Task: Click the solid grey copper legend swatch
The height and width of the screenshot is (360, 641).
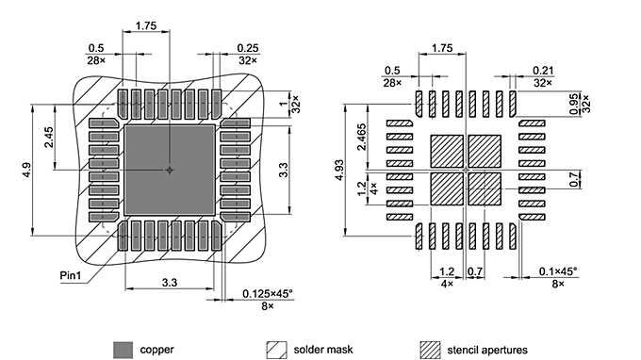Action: pyautogui.click(x=123, y=349)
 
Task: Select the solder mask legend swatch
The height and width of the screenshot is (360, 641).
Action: pyautogui.click(x=277, y=349)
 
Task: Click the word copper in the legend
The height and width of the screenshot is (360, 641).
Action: pyautogui.click(x=156, y=350)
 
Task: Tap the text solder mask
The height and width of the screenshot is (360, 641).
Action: pyautogui.click(x=323, y=350)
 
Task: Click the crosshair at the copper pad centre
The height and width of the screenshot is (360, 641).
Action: pyautogui.click(x=170, y=171)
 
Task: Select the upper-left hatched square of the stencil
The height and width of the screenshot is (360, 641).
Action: pyautogui.click(x=447, y=152)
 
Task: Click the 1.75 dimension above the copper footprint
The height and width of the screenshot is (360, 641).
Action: pyautogui.click(x=146, y=26)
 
